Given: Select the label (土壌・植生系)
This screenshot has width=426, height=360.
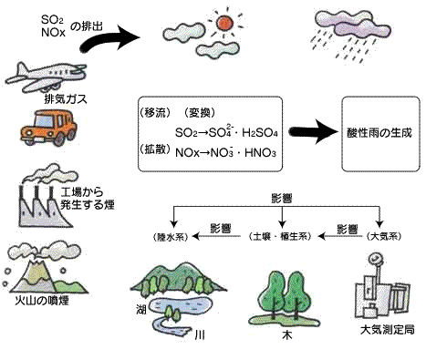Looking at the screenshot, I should coord(278,236).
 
